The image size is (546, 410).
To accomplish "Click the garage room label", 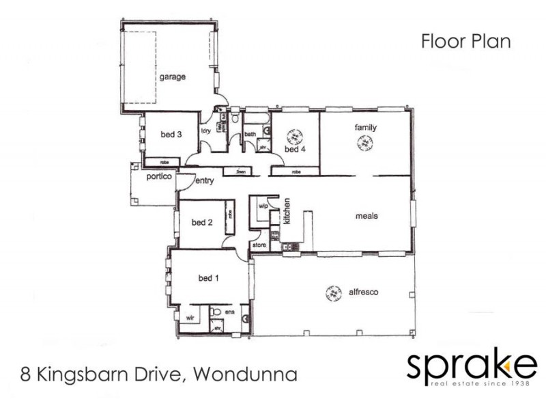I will (173, 77).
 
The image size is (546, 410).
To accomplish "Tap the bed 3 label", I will (171, 135).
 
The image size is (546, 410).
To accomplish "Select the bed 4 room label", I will (293, 149).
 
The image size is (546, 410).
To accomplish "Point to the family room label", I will (365, 128).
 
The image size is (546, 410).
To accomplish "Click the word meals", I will (367, 216).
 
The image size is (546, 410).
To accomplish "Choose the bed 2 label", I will (203, 222).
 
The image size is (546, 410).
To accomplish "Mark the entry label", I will (205, 181).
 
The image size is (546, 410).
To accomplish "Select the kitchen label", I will (287, 212).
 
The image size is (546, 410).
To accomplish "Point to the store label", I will (259, 244).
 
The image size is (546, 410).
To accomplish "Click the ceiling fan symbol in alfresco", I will (333, 293).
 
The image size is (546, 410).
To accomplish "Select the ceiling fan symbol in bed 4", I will (295, 135).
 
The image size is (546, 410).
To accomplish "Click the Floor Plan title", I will (466, 42).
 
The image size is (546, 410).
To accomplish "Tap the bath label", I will (250, 135).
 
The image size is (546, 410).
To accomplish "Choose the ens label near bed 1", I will (230, 312).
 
